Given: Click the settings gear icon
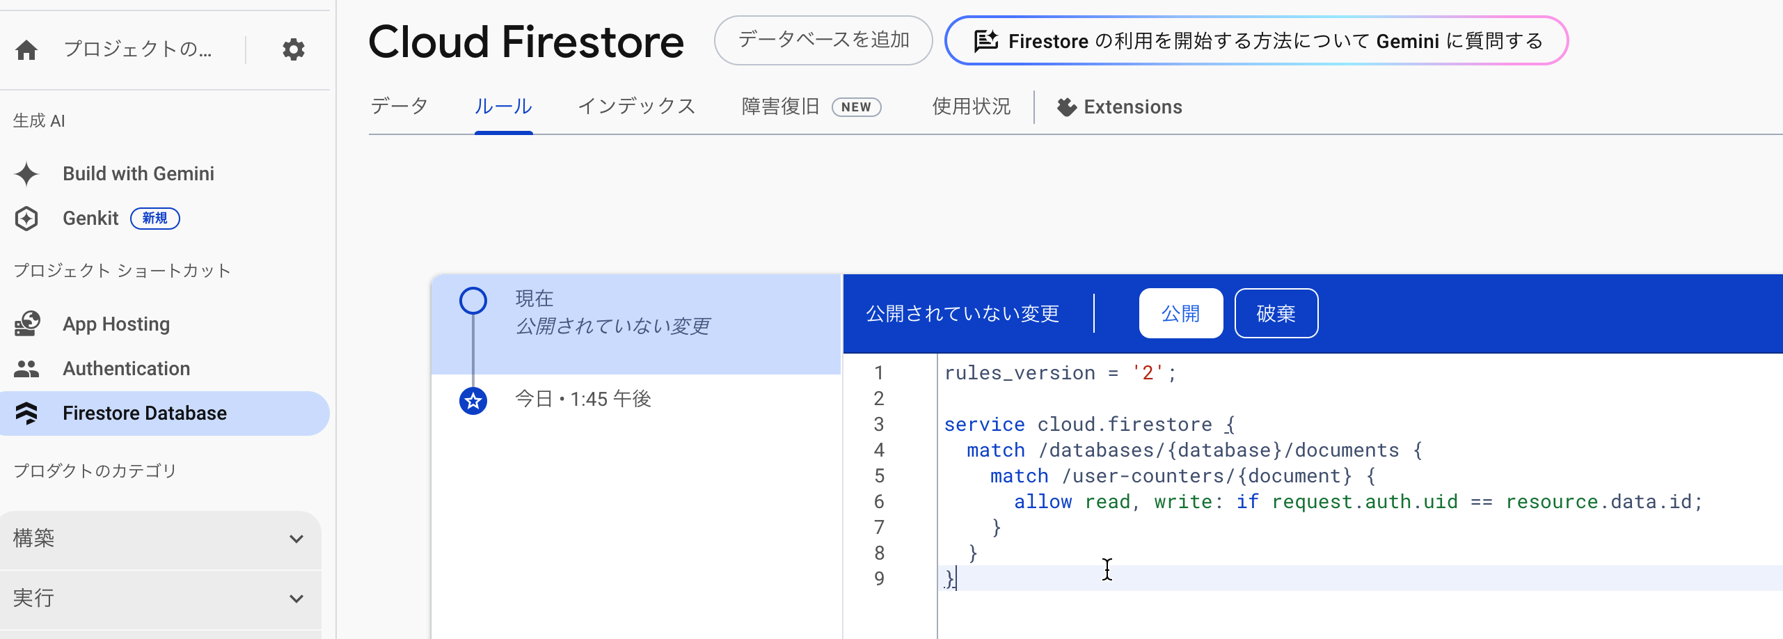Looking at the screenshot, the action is pos(294,49).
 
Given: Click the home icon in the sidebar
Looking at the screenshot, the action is pos(26,50).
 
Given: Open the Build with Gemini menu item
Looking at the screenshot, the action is pos(138,173).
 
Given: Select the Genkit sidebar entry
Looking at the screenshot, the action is pos(90,219).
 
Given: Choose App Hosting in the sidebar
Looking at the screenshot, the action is pos(116,324).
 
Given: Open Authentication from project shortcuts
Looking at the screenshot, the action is pos(126,369).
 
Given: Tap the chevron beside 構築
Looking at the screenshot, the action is pos(296,539).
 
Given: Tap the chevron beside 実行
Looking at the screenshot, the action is pos(296,599).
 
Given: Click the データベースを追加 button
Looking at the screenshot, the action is pos(823,40).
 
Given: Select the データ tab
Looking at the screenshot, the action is pos(399,106).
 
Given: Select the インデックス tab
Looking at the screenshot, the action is pos(637,106).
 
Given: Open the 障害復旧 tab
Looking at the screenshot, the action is pos(811,106).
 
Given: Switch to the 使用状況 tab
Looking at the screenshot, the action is pos(972,106).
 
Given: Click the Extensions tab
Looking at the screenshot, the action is pos(1120,107).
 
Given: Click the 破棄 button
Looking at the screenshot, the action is pos(1276,313).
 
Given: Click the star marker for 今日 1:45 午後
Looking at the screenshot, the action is pos(473,401).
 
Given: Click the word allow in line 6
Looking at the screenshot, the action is pos(1043,502).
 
